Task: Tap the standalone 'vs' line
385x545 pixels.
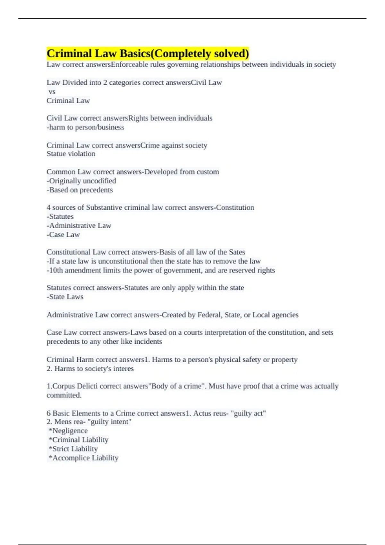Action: click(x=52, y=92)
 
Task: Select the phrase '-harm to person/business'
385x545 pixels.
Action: click(x=85, y=127)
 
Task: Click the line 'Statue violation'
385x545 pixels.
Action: click(x=71, y=154)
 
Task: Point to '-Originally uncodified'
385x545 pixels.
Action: click(x=81, y=181)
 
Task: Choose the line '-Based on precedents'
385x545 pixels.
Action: click(x=80, y=190)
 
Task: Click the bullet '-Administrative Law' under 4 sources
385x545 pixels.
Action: click(x=79, y=226)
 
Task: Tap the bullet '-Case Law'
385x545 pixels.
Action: click(x=63, y=235)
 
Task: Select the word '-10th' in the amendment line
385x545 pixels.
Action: click(x=55, y=270)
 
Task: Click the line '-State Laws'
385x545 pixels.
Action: click(x=65, y=297)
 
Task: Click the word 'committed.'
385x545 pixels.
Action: click(x=64, y=395)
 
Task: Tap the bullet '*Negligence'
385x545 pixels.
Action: click(x=68, y=431)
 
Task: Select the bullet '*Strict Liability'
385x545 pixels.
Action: click(x=73, y=449)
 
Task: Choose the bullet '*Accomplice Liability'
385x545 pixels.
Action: click(x=83, y=458)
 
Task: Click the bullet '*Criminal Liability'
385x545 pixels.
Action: click(x=79, y=440)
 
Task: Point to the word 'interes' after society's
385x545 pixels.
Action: click(x=123, y=369)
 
